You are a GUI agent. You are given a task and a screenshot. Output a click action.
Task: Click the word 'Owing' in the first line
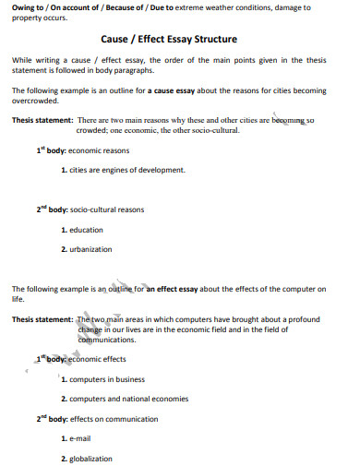pyautogui.click(x=23, y=7)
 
